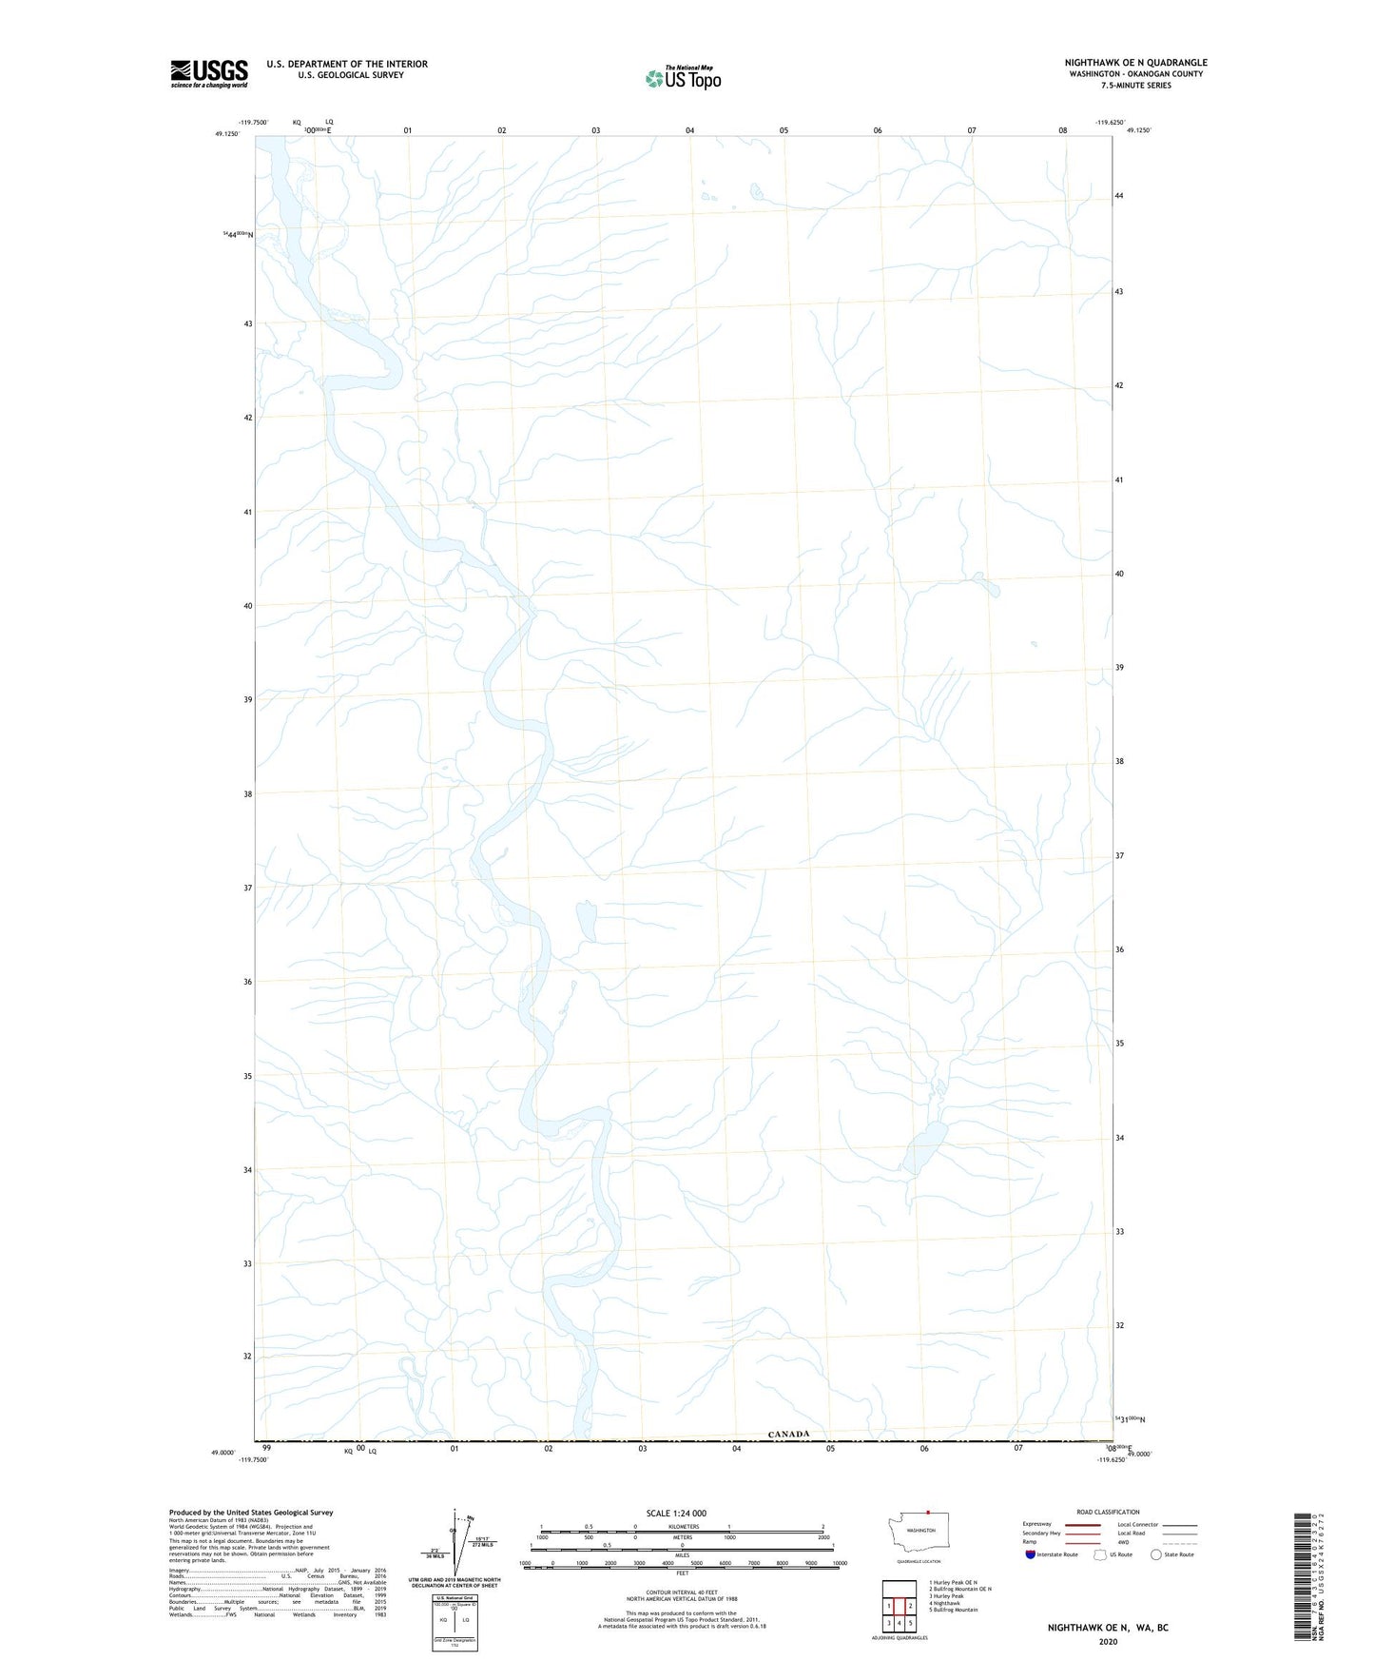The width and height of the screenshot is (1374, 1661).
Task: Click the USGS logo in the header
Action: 209,73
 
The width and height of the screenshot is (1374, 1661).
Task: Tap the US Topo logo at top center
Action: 684,78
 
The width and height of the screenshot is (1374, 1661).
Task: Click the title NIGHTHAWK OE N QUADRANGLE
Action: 1135,63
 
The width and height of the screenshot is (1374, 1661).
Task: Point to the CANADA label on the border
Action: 788,1434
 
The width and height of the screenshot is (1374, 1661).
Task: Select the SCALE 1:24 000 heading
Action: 676,1513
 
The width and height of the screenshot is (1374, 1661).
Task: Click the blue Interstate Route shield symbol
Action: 1031,1554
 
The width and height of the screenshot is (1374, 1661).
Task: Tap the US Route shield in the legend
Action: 1101,1554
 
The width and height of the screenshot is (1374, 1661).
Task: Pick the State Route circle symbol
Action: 1156,1554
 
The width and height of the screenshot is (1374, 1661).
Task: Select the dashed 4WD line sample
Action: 1179,1542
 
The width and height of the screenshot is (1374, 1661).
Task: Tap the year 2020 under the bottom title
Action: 1108,1641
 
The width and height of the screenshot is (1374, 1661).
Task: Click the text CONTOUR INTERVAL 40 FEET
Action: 681,1593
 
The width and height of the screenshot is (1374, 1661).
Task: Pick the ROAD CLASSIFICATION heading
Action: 1108,1512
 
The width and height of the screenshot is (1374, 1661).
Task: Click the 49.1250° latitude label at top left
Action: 227,134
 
